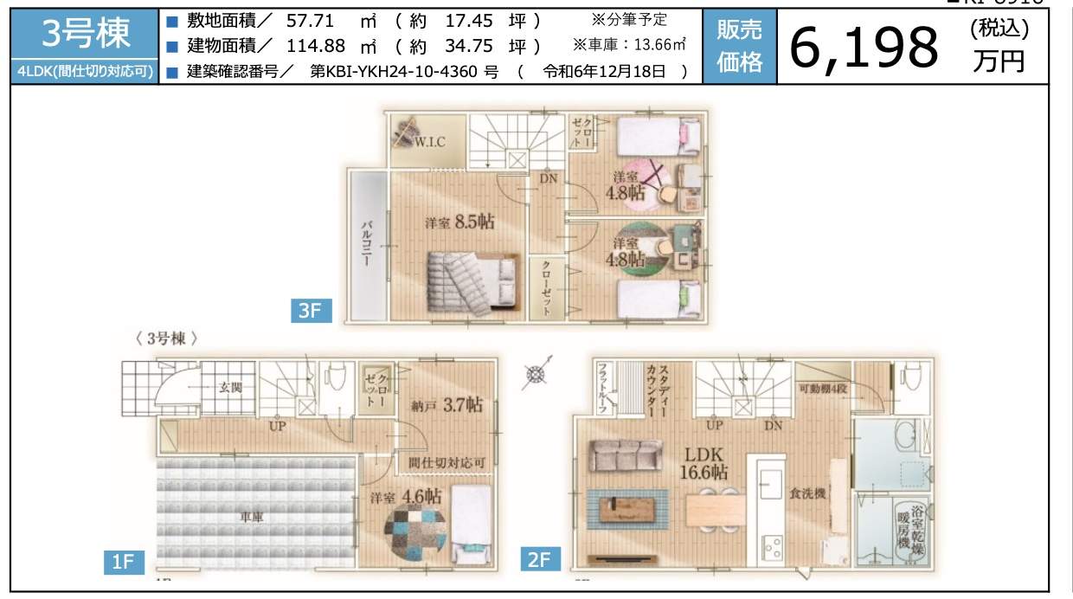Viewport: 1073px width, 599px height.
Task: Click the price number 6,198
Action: [864, 48]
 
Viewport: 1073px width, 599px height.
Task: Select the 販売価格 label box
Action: [739, 47]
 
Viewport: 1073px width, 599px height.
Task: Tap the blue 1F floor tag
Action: [123, 562]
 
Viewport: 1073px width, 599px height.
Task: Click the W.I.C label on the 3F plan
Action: [429, 142]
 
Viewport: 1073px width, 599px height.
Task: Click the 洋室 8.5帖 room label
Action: [459, 222]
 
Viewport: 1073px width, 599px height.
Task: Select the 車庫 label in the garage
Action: [253, 517]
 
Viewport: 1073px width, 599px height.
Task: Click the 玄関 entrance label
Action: [229, 387]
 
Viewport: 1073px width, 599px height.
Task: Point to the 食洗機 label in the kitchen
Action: [806, 493]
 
